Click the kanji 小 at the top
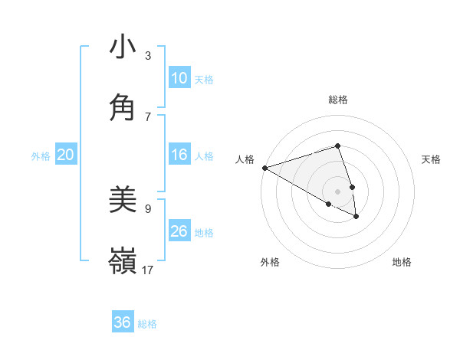pyautogui.click(x=123, y=47)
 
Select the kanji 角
pyautogui.click(x=123, y=106)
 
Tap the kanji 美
pyautogui.click(x=123, y=200)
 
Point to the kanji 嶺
pyautogui.click(x=123, y=261)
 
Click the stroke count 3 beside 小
pyautogui.click(x=148, y=56)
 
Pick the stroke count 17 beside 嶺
pyautogui.click(x=148, y=270)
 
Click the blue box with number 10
pyautogui.click(x=179, y=78)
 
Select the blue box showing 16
pyautogui.click(x=179, y=155)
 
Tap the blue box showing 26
pyautogui.click(x=179, y=231)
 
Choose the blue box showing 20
pyautogui.click(x=66, y=155)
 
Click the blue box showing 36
pyautogui.click(x=123, y=322)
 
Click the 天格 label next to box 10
pyautogui.click(x=204, y=80)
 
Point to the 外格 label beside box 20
pyautogui.click(x=41, y=156)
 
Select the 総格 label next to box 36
pyautogui.click(x=147, y=324)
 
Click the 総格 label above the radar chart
pyautogui.click(x=338, y=100)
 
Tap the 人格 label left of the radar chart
pyautogui.click(x=245, y=159)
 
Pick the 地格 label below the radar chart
pyautogui.click(x=402, y=262)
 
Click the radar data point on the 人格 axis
pyautogui.click(x=264, y=167)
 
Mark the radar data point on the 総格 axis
pyautogui.click(x=337, y=146)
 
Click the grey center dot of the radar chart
pyautogui.click(x=337, y=191)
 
